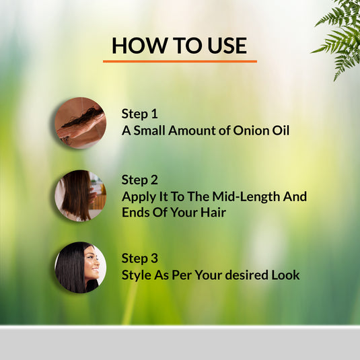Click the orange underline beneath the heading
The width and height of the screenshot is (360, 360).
[180, 61]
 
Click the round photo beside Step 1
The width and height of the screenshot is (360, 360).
[80, 123]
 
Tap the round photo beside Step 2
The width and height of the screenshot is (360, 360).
[80, 196]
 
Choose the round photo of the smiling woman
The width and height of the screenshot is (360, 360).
[80, 268]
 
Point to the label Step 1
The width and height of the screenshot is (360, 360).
[139, 114]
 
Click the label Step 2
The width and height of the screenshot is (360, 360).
[139, 180]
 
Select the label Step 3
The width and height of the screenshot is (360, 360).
[139, 258]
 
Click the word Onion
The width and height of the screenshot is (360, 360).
[250, 131]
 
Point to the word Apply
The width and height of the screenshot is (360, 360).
[138, 197]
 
